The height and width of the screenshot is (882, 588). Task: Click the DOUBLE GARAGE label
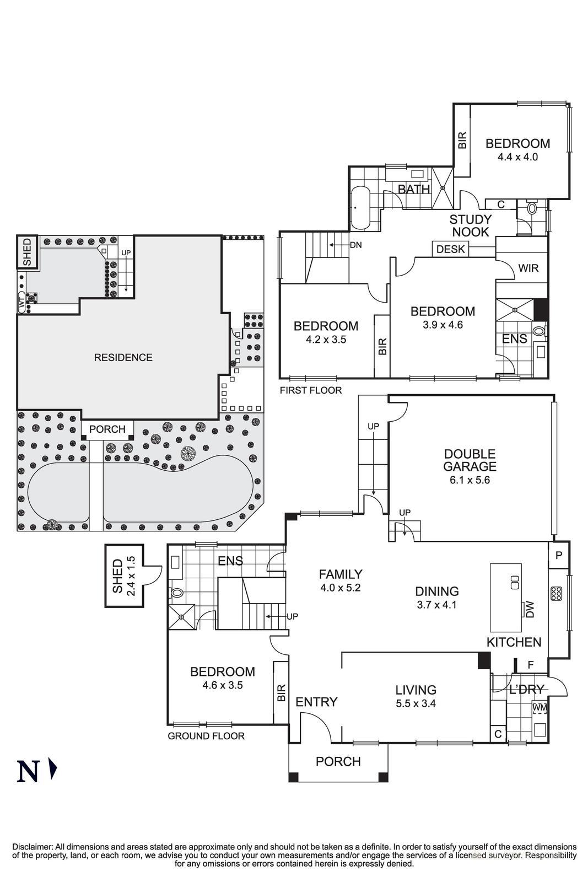(470, 460)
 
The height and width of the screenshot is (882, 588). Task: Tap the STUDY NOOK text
(470, 225)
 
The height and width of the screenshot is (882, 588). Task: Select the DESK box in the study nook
(450, 249)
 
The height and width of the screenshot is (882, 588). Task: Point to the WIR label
(528, 268)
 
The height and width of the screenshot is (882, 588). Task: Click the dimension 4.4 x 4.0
(517, 157)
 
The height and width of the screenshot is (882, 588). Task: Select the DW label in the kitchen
(531, 609)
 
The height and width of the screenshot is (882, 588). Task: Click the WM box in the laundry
(538, 706)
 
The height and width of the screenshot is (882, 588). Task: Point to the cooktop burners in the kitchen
(555, 594)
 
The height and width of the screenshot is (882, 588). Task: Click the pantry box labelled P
(558, 556)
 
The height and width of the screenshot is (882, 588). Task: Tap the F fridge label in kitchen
(531, 665)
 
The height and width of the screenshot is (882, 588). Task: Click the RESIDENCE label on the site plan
(123, 357)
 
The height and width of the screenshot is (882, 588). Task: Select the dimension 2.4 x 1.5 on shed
(131, 576)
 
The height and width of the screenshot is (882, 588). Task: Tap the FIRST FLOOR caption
(310, 390)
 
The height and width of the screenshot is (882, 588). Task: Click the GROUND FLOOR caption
(206, 736)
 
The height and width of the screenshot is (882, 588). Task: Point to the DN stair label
(355, 245)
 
